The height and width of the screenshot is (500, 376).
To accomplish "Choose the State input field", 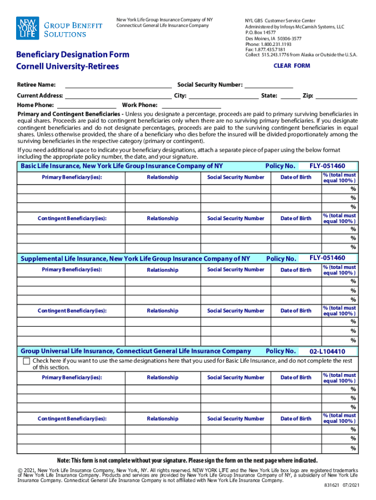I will (290, 96).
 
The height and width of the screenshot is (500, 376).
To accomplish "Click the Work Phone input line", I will (191, 105).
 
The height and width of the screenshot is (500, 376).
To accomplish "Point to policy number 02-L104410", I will (327, 352).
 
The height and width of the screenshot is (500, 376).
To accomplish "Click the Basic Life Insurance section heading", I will (122, 167).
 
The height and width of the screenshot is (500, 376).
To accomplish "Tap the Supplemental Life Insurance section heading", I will (135, 259).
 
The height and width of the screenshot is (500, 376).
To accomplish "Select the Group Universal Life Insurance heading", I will (136, 351).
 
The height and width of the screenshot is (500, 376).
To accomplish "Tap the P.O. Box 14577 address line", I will (260, 32).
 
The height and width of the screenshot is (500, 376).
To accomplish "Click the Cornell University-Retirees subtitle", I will (67, 66).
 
